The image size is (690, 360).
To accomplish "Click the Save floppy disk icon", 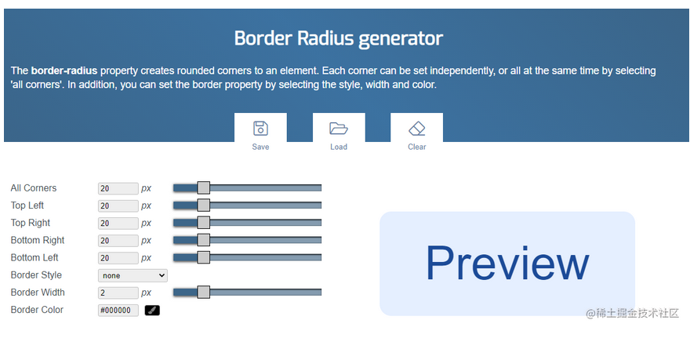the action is (x=260, y=129).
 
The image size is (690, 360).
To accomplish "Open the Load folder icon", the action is (x=339, y=129).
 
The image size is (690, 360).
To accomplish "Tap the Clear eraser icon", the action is (x=416, y=129).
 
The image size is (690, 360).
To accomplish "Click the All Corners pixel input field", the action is (x=118, y=188).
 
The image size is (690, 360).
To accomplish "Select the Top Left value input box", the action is (x=118, y=205).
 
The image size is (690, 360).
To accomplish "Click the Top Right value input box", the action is (x=118, y=223).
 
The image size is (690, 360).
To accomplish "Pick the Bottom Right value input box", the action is (x=118, y=240).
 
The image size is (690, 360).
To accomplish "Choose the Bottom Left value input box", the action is (x=118, y=258).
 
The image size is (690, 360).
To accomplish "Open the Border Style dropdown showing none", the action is (x=133, y=275).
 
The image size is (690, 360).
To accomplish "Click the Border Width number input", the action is (x=118, y=293).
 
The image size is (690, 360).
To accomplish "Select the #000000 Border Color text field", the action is (x=118, y=311).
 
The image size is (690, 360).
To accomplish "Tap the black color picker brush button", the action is (x=152, y=311).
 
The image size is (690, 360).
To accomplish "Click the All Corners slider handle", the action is (x=203, y=188).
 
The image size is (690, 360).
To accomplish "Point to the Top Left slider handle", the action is (x=203, y=205).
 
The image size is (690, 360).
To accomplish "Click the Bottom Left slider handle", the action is (x=203, y=257).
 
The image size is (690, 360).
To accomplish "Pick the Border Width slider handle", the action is (x=203, y=292).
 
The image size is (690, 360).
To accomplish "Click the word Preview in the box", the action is (x=507, y=264).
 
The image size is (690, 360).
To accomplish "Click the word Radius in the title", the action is (x=325, y=38).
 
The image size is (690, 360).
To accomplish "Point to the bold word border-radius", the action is (x=64, y=71).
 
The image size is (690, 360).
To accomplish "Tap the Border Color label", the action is (x=37, y=310).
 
